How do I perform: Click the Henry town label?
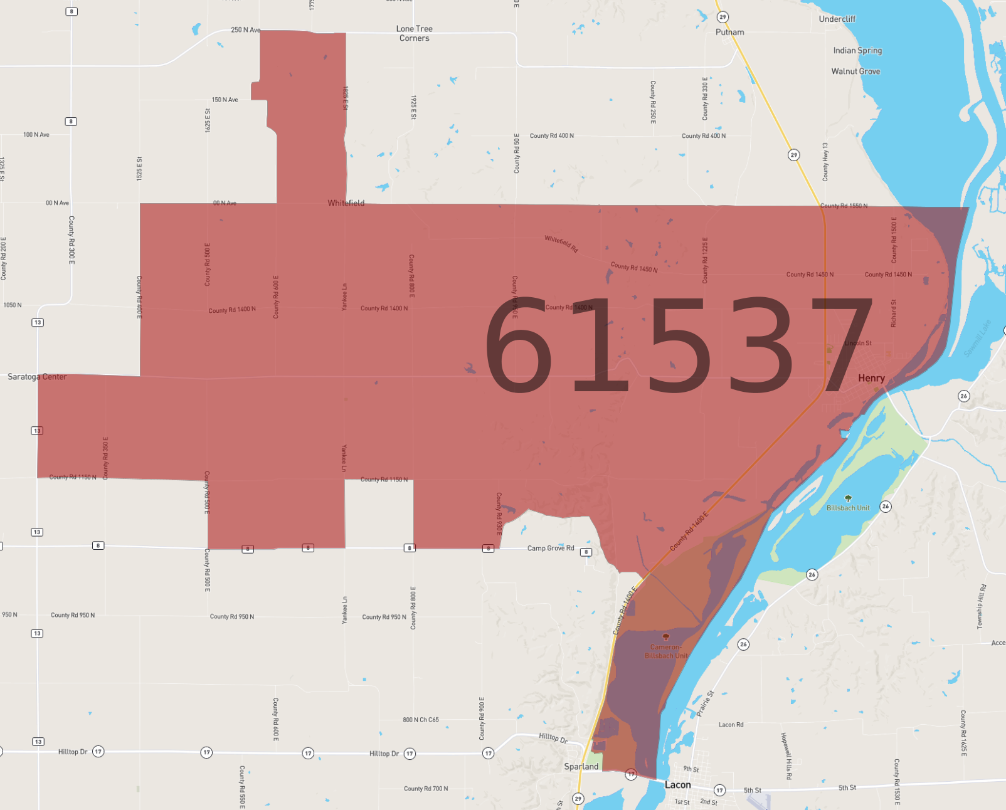click(871, 378)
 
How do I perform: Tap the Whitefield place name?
click(346, 203)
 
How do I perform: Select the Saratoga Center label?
click(37, 377)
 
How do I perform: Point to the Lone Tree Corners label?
click(414, 33)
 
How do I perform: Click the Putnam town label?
click(729, 32)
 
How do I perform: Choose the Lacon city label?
click(677, 785)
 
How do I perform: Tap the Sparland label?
click(581, 766)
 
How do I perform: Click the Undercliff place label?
click(837, 19)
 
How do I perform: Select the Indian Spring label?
click(857, 50)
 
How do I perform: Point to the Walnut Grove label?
click(855, 71)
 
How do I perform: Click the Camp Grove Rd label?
click(550, 548)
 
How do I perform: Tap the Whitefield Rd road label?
click(561, 244)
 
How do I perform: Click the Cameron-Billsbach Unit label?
click(666, 651)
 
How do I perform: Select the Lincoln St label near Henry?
click(857, 343)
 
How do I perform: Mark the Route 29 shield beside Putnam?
click(723, 17)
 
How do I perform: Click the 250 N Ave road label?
click(245, 29)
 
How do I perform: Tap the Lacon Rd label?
click(731, 725)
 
